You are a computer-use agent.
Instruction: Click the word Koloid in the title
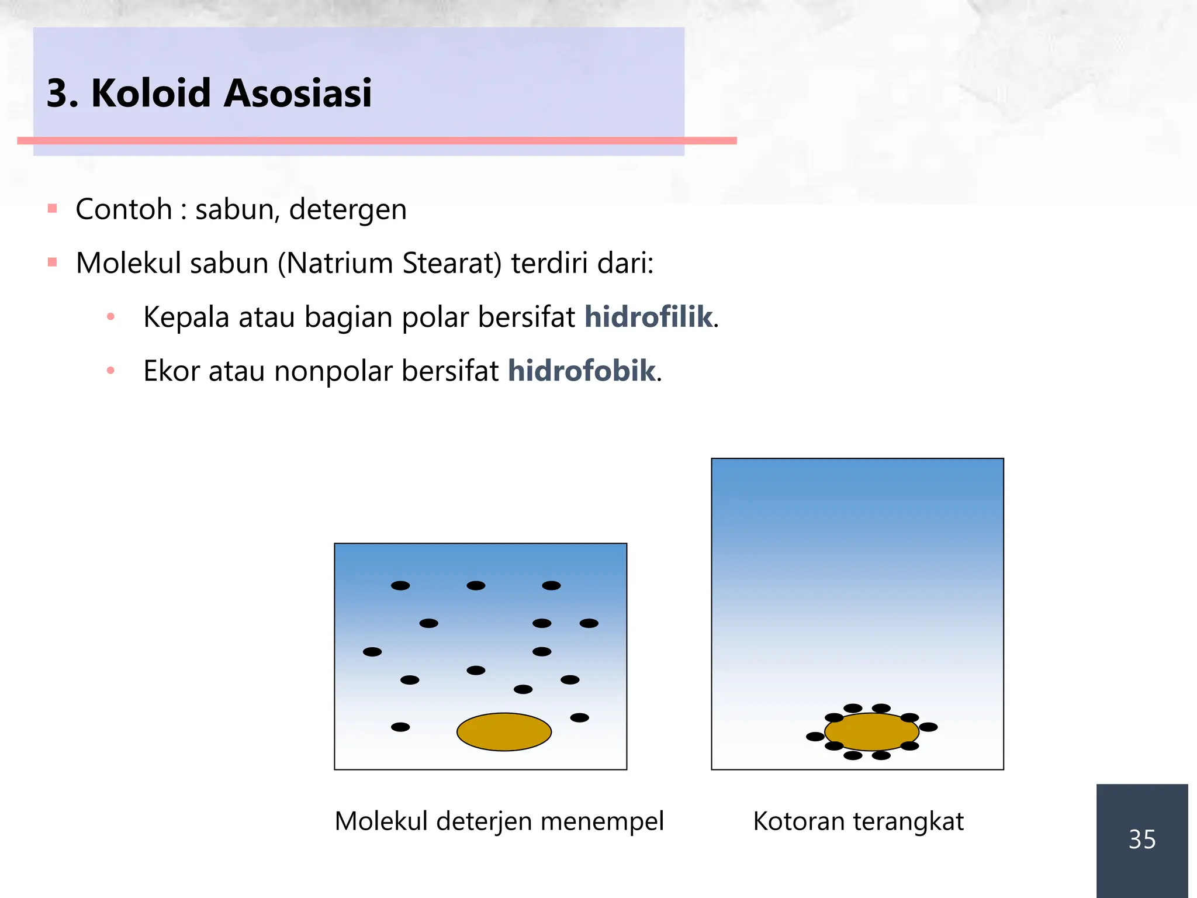click(151, 94)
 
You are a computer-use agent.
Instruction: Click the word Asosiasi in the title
click(297, 94)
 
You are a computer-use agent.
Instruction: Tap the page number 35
click(1141, 840)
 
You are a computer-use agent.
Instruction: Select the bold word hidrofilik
click(648, 317)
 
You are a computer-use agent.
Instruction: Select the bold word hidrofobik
click(582, 371)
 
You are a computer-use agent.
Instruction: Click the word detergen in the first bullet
click(348, 210)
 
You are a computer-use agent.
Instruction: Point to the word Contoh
click(123, 209)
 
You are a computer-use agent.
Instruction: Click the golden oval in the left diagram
click(504, 731)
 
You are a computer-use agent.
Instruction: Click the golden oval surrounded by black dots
click(871, 731)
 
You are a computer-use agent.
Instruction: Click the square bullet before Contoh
click(53, 208)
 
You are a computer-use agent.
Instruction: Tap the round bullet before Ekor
click(110, 370)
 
